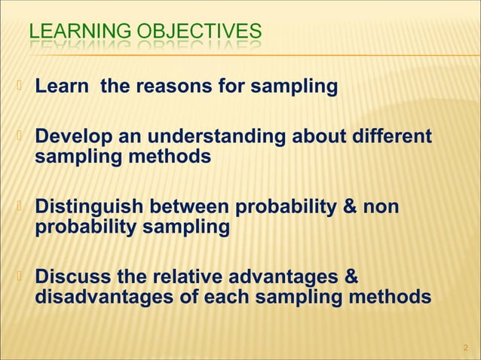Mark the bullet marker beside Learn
[x=20, y=87]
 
